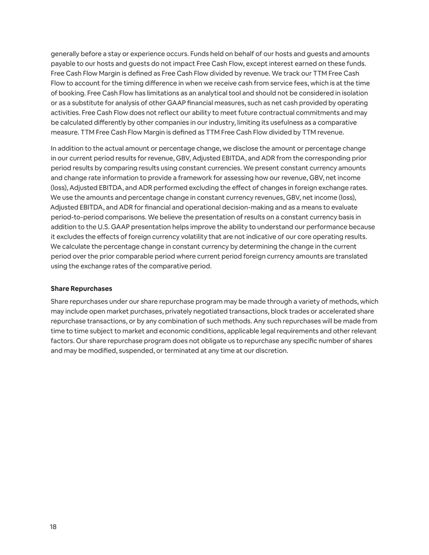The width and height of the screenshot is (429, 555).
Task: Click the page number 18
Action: tap(54, 527)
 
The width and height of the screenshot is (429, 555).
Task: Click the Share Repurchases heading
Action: tap(81, 289)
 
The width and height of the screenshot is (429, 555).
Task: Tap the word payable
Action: tap(63, 64)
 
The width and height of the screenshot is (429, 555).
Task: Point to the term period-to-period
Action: tap(77, 217)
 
